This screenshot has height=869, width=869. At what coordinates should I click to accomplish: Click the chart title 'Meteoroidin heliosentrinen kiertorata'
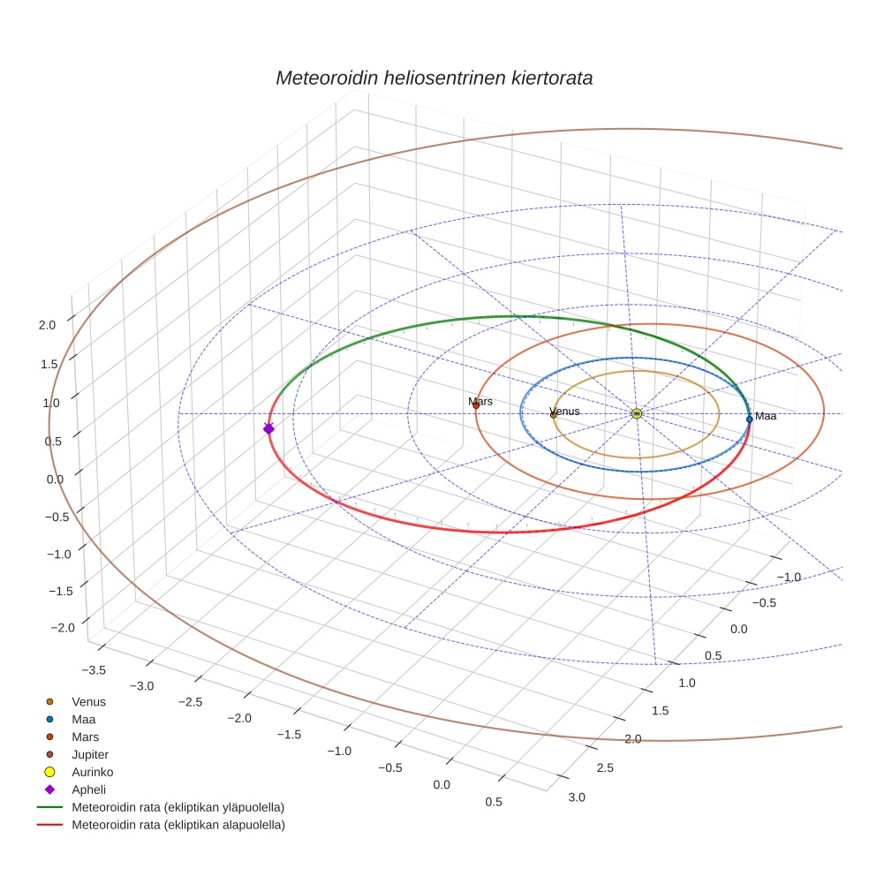[434, 78]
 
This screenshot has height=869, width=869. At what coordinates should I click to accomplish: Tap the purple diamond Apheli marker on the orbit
[268, 428]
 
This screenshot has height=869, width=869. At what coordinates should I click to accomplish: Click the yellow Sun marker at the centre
[637, 413]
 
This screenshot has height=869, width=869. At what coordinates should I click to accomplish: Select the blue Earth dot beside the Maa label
[749, 419]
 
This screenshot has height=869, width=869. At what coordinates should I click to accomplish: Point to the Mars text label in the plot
[480, 402]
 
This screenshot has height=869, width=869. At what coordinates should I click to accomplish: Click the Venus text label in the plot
[565, 412]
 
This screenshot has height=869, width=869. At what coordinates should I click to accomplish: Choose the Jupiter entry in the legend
[90, 754]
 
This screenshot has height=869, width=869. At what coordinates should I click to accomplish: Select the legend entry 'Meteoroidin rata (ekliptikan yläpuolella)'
[178, 807]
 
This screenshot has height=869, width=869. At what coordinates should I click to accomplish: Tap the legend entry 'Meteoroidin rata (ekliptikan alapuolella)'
[178, 825]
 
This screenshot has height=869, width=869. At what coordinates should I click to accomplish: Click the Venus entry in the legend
[88, 701]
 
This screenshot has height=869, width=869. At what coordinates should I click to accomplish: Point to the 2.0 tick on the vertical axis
[47, 325]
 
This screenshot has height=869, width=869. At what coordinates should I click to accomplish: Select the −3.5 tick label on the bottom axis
[93, 670]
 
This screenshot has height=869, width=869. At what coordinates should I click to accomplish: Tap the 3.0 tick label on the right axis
[576, 797]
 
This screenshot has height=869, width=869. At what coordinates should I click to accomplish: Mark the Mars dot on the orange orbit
[476, 405]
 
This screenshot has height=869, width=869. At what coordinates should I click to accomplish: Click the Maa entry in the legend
[83, 719]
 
